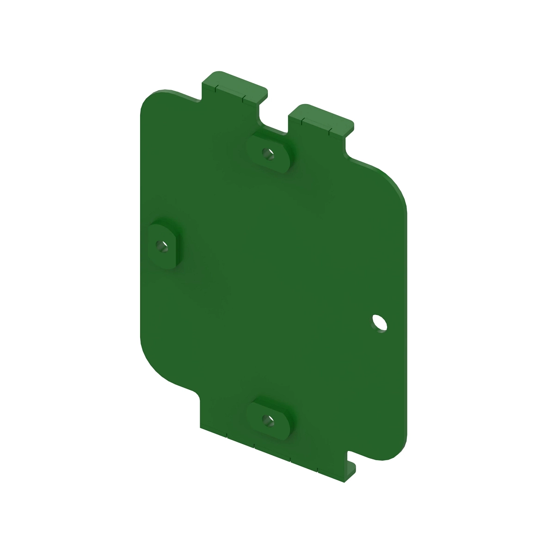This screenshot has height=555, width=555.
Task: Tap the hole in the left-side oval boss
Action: [160, 244]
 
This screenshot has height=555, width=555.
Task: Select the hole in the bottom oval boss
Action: [267, 419]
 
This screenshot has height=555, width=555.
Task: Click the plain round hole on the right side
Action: [379, 322]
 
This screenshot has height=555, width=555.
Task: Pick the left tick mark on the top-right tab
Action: [302, 121]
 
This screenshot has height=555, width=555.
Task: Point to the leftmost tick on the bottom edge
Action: [227, 435]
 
